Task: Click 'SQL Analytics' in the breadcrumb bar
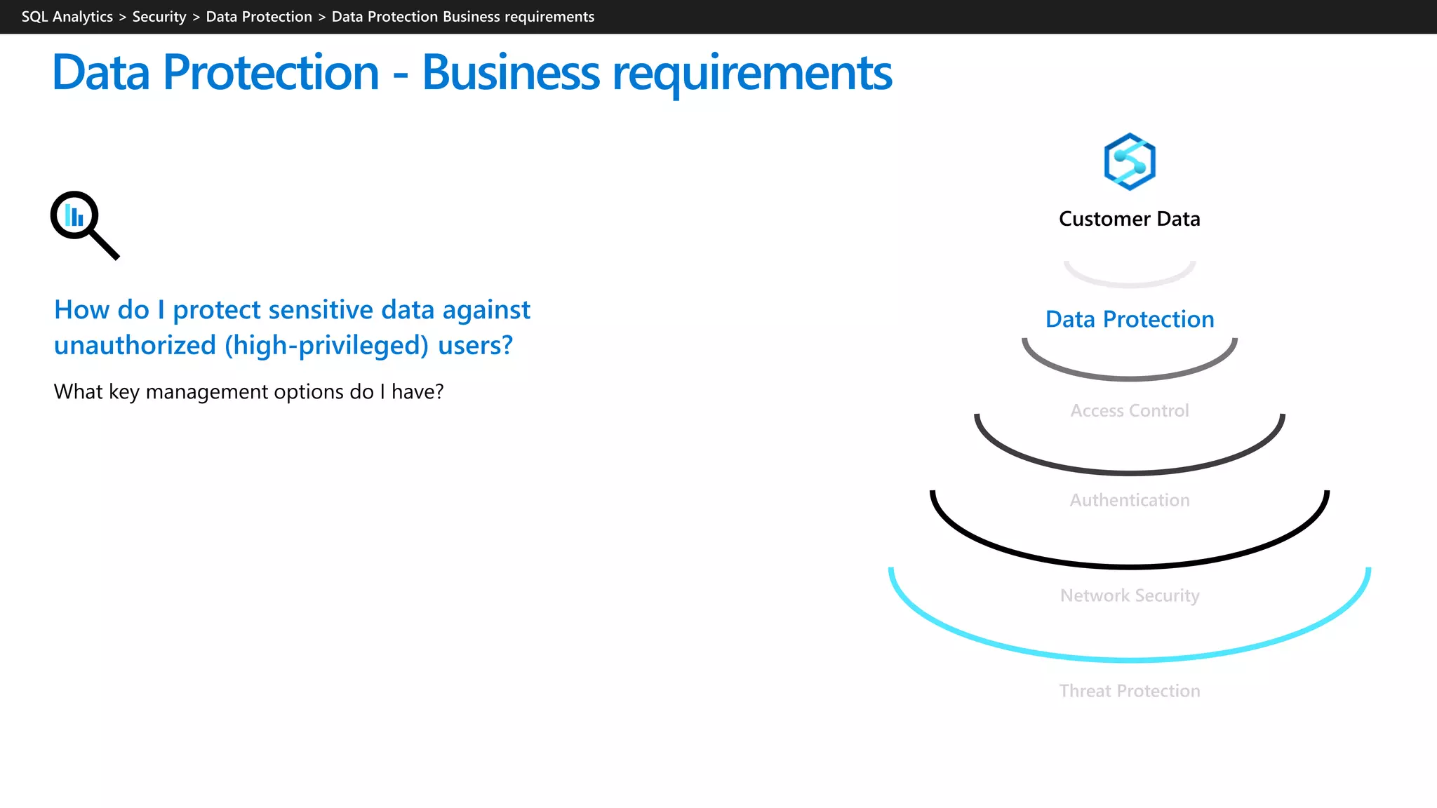67,17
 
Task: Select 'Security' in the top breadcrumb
159,17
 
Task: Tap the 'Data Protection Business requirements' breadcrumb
462,17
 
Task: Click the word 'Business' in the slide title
510,73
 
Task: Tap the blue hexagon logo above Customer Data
1129,161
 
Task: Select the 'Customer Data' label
1129,220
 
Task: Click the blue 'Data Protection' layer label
1129,320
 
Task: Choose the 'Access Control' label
1129,411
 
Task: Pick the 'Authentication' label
1129,501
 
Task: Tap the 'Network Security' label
1129,596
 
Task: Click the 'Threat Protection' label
1129,692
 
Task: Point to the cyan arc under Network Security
1129,659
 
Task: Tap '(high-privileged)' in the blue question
326,346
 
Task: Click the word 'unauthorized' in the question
135,346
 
